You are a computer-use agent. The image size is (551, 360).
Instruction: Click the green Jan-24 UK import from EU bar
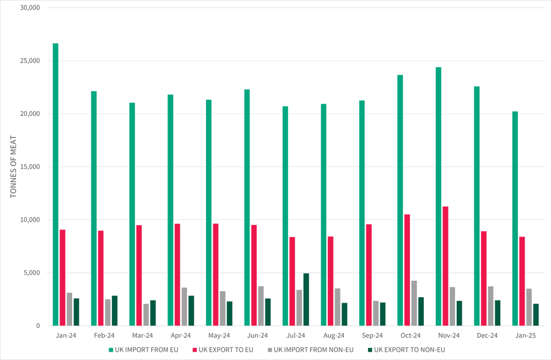pos(56,185)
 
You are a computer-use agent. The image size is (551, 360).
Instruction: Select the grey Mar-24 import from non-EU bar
pos(146,315)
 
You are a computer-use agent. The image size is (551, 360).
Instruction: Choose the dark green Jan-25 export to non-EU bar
pos(536,315)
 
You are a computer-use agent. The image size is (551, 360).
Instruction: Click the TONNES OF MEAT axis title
pos(14,166)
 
